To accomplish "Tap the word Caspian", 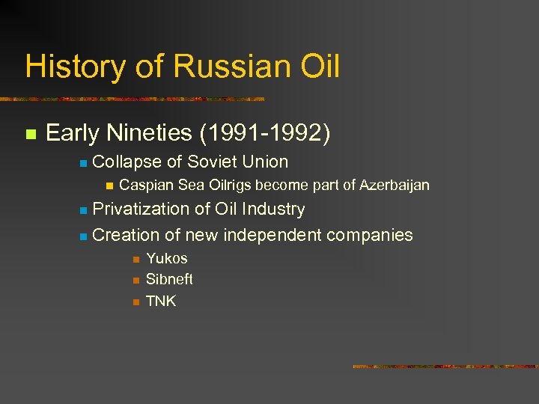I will point(145,185).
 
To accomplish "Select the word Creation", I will point(124,235).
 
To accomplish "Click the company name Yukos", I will point(167,258).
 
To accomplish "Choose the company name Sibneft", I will point(169,279).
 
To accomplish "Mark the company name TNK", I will point(161,301).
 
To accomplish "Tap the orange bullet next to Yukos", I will point(135,259).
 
